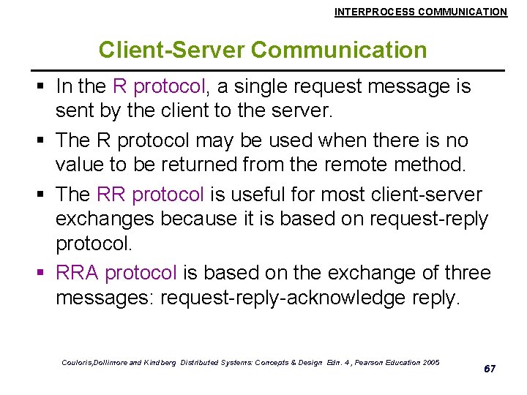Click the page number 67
490,369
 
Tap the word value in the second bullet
82,165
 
